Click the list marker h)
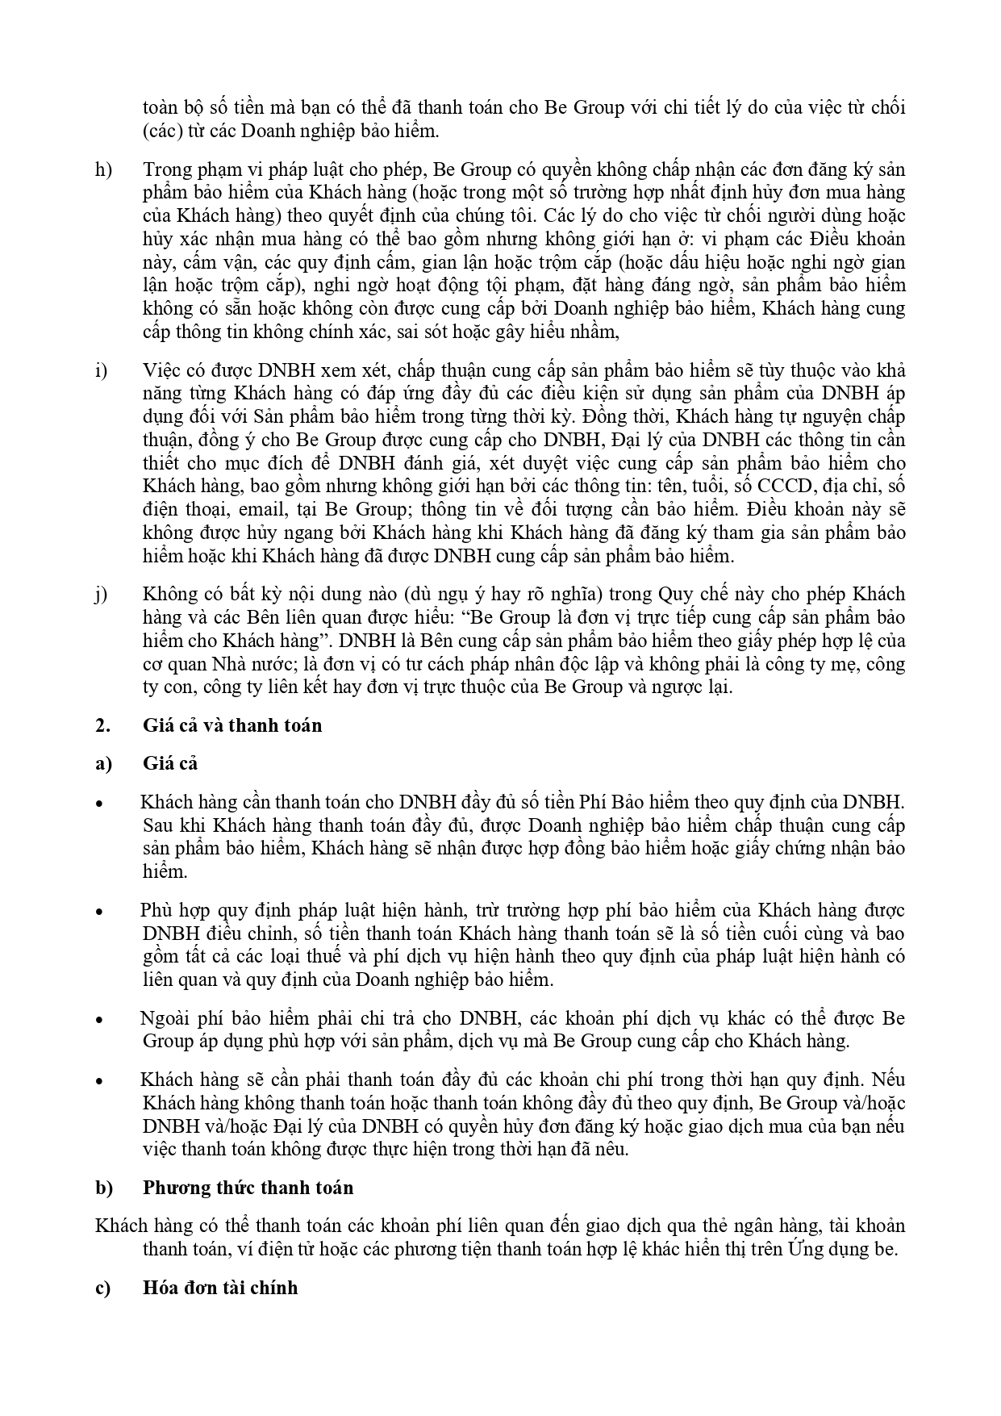pyautogui.click(x=103, y=170)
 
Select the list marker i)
pyautogui.click(x=102, y=371)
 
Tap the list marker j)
pyautogui.click(x=102, y=595)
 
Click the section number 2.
pyautogui.click(x=102, y=725)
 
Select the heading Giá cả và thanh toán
pyautogui.click(x=232, y=725)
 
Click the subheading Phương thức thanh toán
pyautogui.click(x=248, y=1188)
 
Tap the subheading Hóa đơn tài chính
pyautogui.click(x=220, y=1288)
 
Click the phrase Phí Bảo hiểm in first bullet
pyautogui.click(x=624, y=802)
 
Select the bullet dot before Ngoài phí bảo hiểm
pyautogui.click(x=99, y=1020)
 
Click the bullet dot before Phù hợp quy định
pyautogui.click(x=99, y=912)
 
